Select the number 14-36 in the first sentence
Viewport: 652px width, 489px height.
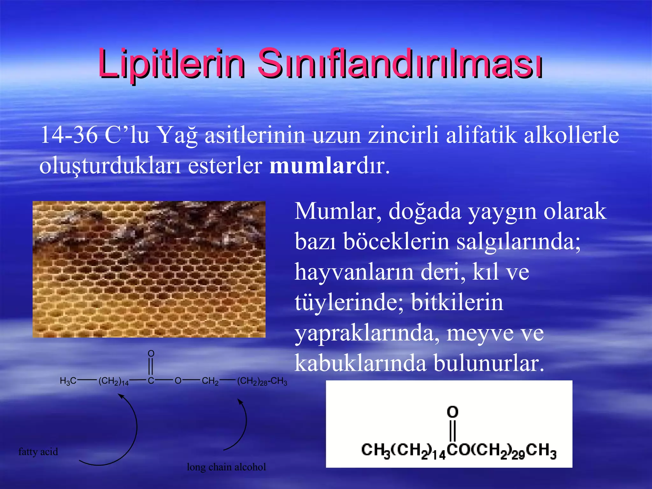coord(69,135)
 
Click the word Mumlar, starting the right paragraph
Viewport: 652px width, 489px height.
coord(338,211)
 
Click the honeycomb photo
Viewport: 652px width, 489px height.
coord(149,269)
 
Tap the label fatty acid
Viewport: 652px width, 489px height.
coord(38,452)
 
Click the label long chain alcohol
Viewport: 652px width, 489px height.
coord(226,467)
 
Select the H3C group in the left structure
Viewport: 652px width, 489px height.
coord(68,381)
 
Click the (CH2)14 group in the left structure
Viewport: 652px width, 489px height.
coord(113,381)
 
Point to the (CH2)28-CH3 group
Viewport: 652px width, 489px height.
coord(262,381)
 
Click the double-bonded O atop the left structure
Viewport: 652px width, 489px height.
coord(151,353)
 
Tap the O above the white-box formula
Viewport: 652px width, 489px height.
coord(452,412)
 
